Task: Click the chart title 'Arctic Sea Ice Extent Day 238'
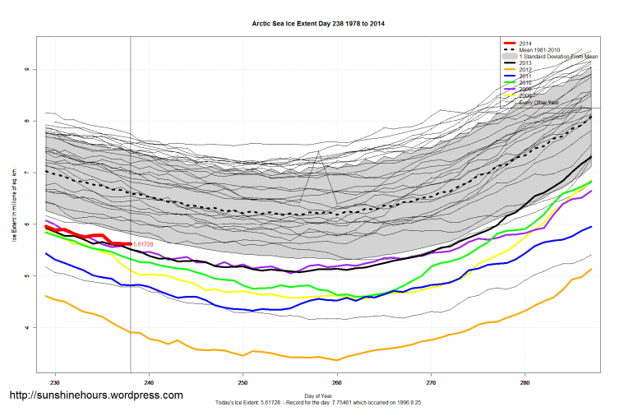coord(317,24)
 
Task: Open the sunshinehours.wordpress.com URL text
coord(95,395)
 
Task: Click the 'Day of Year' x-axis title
coord(318,395)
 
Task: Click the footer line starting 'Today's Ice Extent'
coord(317,402)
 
